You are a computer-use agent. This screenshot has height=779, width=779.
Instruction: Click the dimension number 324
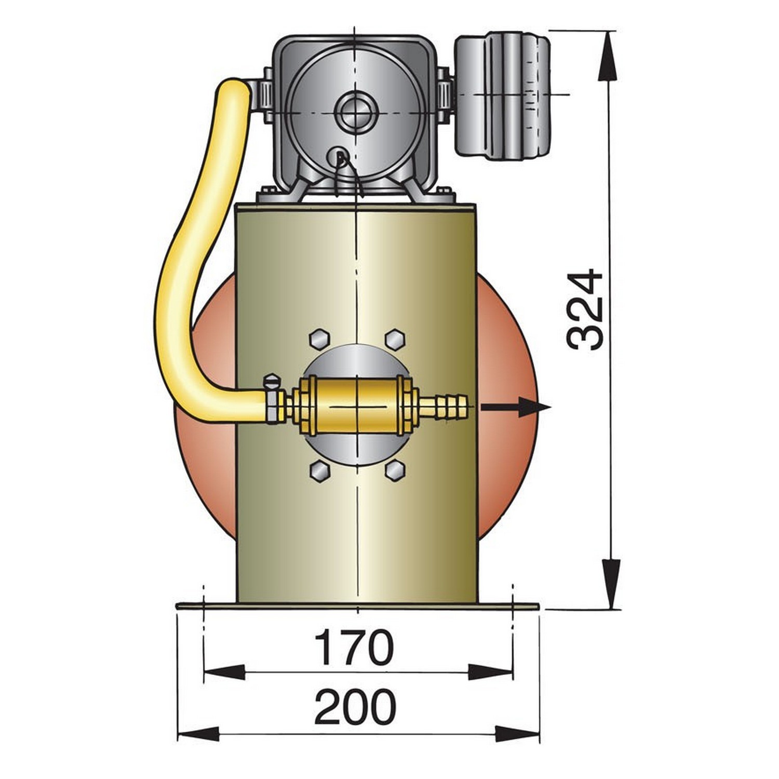pos(585,310)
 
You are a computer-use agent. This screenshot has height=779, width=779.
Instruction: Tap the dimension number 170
pos(355,647)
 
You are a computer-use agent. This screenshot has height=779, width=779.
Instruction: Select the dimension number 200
pos(355,707)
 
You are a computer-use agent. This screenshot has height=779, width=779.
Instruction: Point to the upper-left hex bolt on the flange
pos(319,339)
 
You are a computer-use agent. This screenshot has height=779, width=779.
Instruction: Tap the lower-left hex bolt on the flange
pos(319,471)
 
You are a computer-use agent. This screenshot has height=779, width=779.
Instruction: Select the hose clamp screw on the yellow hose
pos(272,383)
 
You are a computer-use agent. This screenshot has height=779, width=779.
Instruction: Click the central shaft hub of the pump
pos(355,113)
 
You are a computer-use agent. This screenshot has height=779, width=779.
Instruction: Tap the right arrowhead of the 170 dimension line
pos(490,671)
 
